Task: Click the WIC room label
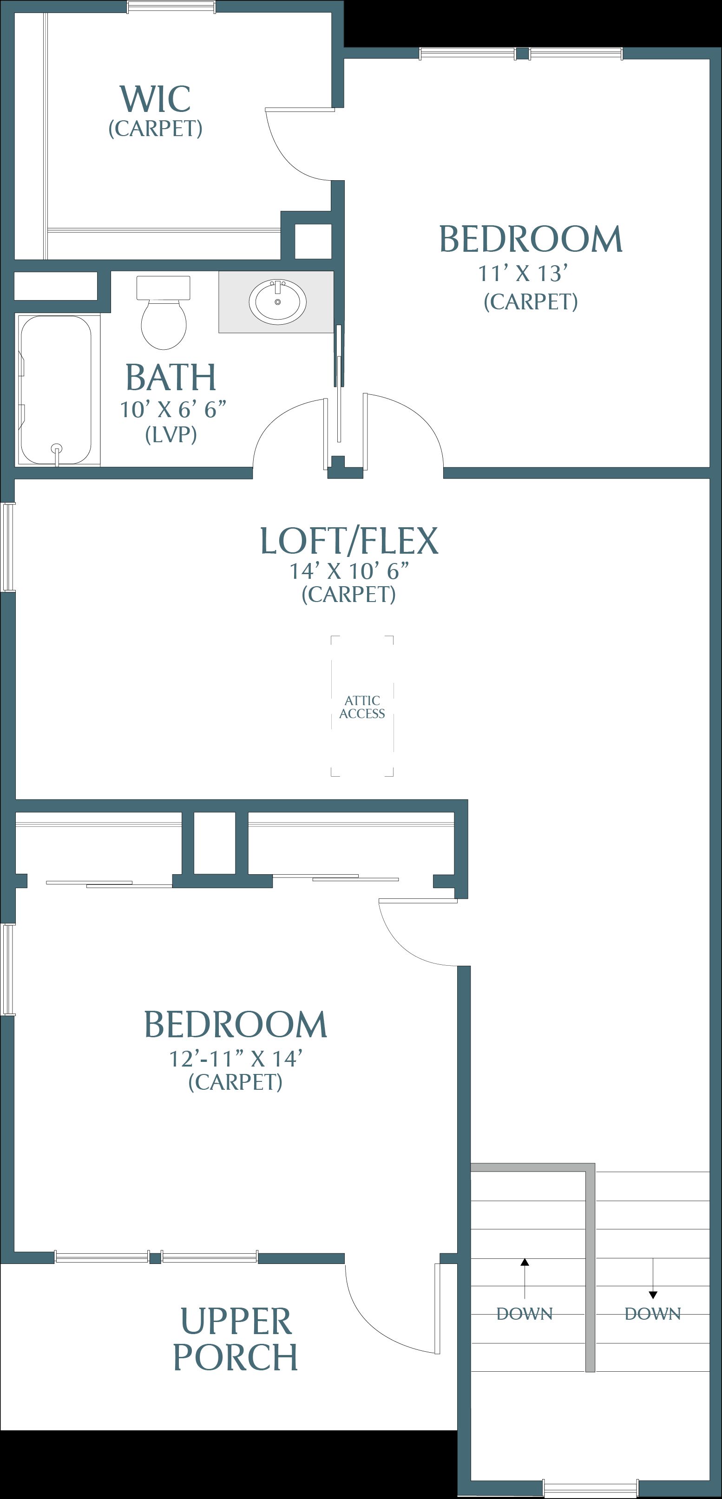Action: click(155, 99)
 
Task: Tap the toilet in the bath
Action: click(164, 313)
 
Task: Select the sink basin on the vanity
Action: click(277, 302)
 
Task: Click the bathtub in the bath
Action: click(56, 390)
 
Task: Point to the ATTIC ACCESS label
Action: click(362, 707)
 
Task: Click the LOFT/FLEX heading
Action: click(348, 541)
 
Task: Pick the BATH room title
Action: click(171, 378)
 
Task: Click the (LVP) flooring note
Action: click(171, 435)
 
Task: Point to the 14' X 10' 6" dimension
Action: click(349, 571)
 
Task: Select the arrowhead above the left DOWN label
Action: click(525, 1262)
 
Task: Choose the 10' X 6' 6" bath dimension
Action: click(173, 410)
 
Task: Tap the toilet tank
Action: click(164, 288)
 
